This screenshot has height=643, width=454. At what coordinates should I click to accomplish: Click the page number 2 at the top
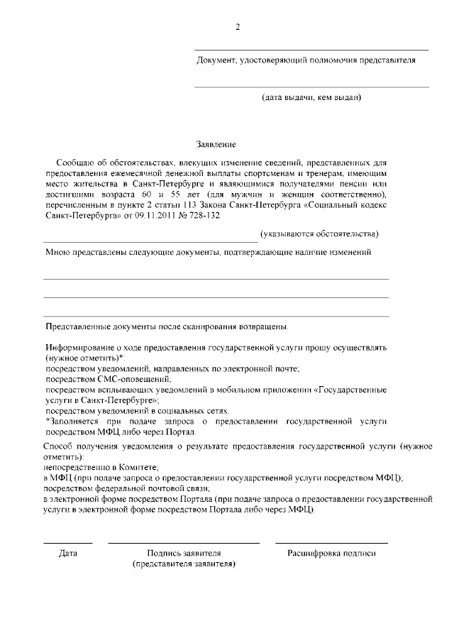238,27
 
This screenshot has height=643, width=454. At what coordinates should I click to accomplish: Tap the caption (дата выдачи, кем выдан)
311,97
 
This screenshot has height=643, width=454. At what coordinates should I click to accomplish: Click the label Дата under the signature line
68,553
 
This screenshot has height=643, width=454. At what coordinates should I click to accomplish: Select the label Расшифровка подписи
331,553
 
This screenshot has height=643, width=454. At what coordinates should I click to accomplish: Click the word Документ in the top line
216,60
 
